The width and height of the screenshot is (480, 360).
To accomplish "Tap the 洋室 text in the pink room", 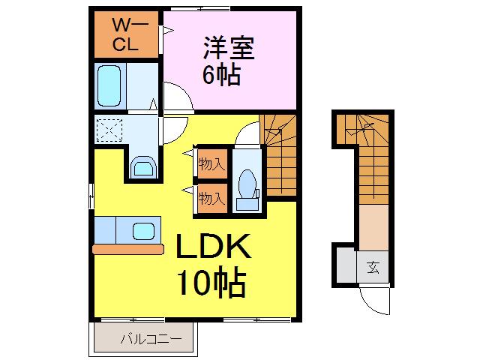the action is pyautogui.click(x=229, y=48).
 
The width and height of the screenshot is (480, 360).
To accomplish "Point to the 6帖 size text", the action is pyautogui.click(x=221, y=75).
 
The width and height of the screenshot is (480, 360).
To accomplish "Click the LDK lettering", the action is pyautogui.click(x=213, y=246).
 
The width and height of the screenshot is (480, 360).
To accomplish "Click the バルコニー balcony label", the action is pyautogui.click(x=151, y=339).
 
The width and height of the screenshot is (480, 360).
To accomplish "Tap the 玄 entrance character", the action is pyautogui.click(x=373, y=267).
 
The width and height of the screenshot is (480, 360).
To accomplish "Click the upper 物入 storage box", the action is pyautogui.click(x=212, y=163).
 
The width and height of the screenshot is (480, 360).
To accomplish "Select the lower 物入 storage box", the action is pyautogui.click(x=212, y=198).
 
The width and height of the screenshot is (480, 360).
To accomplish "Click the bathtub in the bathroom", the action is pyautogui.click(x=109, y=85).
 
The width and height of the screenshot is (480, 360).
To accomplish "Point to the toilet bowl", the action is pyautogui.click(x=247, y=184).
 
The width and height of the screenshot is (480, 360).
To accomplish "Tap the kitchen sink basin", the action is pyautogui.click(x=143, y=231).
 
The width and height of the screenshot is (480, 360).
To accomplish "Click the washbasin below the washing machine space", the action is pyautogui.click(x=143, y=166).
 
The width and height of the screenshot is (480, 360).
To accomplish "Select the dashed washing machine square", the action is pyautogui.click(x=109, y=130).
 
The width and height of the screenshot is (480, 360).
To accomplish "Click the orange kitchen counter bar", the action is pyautogui.click(x=128, y=249).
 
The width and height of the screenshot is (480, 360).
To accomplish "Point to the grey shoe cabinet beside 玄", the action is pyautogui.click(x=346, y=265).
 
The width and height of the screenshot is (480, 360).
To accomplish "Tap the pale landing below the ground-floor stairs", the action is pyautogui.click(x=373, y=227).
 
